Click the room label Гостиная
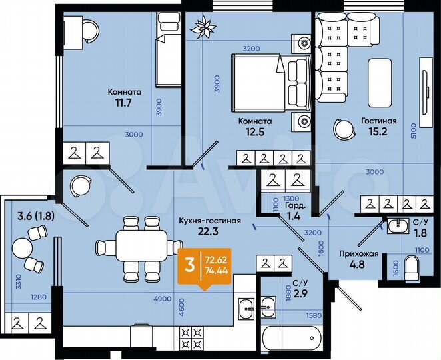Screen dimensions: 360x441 379,121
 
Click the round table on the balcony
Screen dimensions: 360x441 24,249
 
